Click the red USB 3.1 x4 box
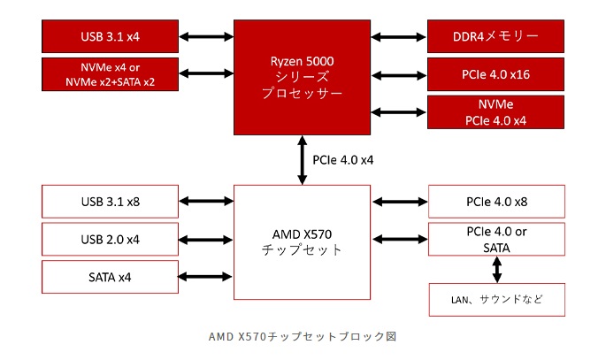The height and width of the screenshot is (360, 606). [110, 36]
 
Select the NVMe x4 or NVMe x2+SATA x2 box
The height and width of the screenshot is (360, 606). [110, 74]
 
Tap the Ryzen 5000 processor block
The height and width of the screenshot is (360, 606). [302, 74]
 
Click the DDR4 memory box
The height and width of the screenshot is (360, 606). [495, 36]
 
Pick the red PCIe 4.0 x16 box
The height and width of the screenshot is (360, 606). [495, 74]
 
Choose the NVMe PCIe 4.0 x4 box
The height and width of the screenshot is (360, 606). [495, 112]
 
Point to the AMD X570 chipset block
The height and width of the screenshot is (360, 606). [302, 241]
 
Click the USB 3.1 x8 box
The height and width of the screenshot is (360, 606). [110, 202]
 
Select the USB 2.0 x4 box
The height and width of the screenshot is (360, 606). [110, 240]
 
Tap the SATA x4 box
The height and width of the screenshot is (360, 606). [110, 278]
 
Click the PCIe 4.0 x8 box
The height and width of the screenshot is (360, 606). [495, 202]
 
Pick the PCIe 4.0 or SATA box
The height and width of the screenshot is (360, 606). [495, 240]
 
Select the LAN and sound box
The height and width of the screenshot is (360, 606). [495, 300]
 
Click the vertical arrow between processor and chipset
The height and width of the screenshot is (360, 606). [302, 160]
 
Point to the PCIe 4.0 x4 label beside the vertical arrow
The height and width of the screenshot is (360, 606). [343, 160]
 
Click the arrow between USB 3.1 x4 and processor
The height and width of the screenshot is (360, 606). [205, 36]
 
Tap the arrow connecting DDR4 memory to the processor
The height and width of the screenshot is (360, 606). [398, 36]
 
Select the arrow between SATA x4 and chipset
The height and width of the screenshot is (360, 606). [205, 278]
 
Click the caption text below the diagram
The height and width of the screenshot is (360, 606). [303, 336]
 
